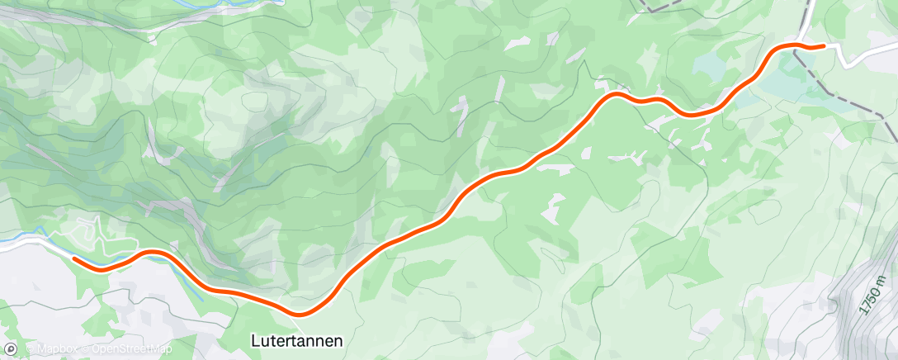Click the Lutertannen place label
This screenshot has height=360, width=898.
pyautogui.click(x=296, y=339)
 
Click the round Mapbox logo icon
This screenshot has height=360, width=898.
pyautogui.click(x=10, y=350)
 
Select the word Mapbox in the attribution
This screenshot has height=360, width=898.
pyautogui.click(x=54, y=350)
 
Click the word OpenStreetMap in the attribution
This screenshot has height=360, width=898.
pyautogui.click(x=132, y=350)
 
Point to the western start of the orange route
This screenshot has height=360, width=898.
pyautogui.click(x=75, y=258)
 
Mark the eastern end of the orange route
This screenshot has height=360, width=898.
pyautogui.click(x=823, y=46)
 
